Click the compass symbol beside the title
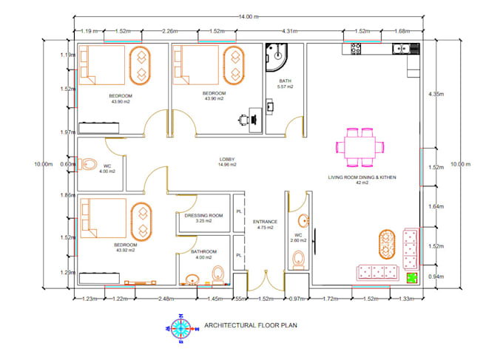coord(183,325)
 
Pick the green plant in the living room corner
coord(412,277)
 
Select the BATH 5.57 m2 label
coord(286,84)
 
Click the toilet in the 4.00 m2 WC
coord(87,165)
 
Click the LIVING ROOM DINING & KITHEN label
coord(362,178)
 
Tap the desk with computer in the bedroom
coord(249,118)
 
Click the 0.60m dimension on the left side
coord(67,164)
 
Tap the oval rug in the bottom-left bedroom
coord(138,219)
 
